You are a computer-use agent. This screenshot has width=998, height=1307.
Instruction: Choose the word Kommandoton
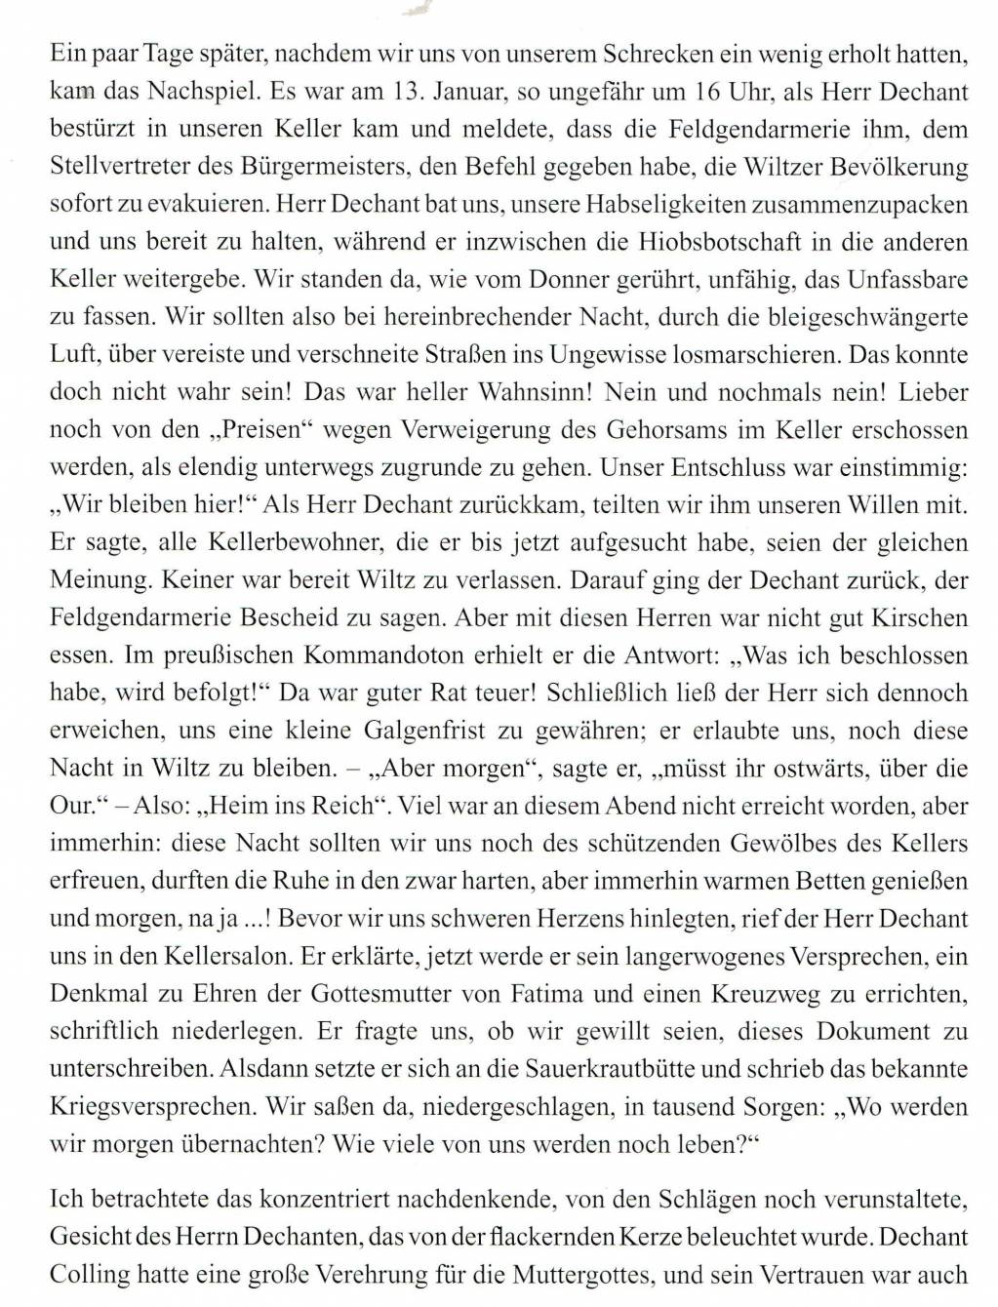click(x=317, y=656)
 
